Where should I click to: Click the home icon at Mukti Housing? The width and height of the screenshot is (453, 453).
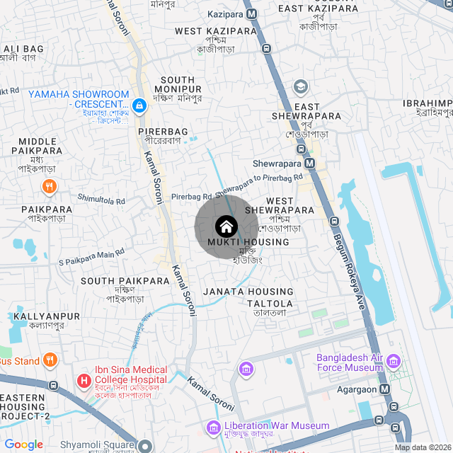pos(226,226)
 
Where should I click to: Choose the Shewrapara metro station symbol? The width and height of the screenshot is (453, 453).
pos(301,149)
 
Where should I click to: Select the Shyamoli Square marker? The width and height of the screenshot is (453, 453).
pos(145,446)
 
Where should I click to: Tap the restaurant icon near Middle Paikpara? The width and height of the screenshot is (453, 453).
pos(49,187)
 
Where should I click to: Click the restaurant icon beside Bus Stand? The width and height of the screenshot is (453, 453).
pos(50,360)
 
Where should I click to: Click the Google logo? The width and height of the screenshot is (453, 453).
pos(23,444)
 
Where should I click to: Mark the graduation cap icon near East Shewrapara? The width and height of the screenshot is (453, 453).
pos(300,86)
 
